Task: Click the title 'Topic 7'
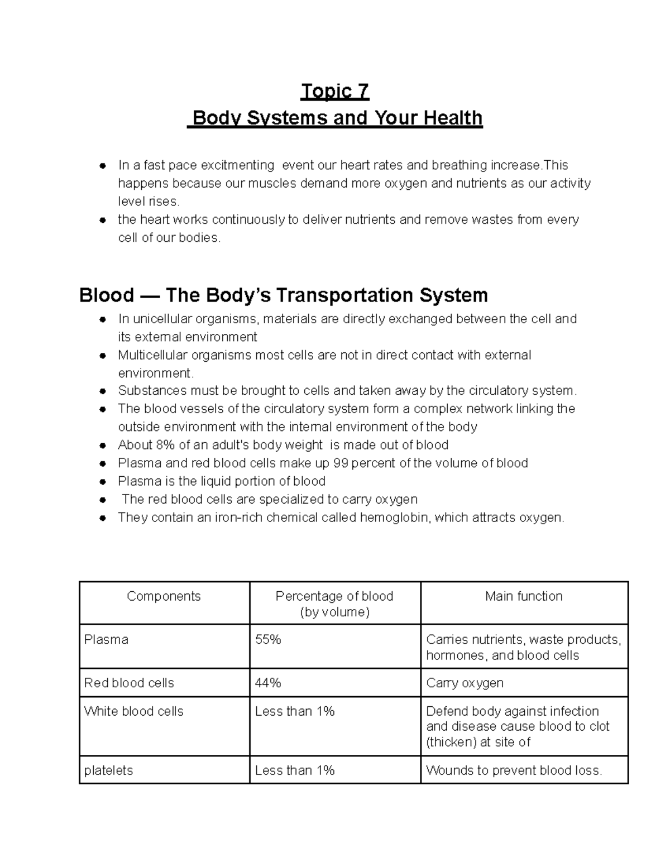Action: (x=334, y=91)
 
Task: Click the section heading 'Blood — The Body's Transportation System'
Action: (x=284, y=295)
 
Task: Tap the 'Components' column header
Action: (x=164, y=596)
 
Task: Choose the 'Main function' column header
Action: (x=524, y=596)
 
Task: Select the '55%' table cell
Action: (x=268, y=640)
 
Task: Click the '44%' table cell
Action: (x=268, y=683)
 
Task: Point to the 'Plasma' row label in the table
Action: (x=106, y=640)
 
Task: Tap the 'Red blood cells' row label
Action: (x=129, y=683)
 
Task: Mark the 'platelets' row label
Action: (x=108, y=770)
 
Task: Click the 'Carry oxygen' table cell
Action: (x=465, y=683)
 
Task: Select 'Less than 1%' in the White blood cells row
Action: (x=294, y=711)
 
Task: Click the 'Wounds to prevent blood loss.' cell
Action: (x=514, y=770)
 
